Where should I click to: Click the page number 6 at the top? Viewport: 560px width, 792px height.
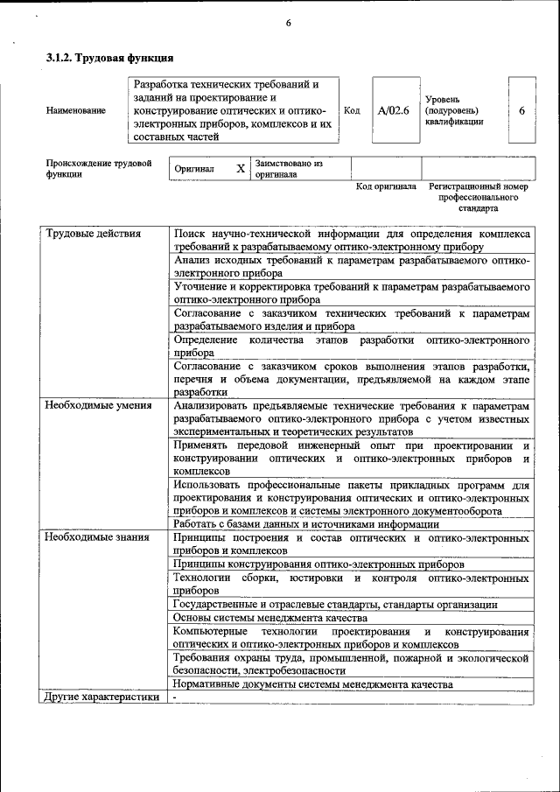point(288,23)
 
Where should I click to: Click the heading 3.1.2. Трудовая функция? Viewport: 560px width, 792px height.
point(109,59)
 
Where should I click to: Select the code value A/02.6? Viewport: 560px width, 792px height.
point(394,111)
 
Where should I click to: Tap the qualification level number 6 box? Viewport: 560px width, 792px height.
point(521,111)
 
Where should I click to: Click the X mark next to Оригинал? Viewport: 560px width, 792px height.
point(240,168)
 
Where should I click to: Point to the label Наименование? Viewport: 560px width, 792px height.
point(76,111)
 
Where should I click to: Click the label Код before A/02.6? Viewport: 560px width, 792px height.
point(352,111)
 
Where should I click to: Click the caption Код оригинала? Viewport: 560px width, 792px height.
point(386,186)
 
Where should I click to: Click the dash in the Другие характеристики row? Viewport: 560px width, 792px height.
point(175,697)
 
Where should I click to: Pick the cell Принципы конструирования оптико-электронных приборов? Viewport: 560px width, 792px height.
point(318,564)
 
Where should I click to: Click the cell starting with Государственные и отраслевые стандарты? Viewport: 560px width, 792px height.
point(335,604)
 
